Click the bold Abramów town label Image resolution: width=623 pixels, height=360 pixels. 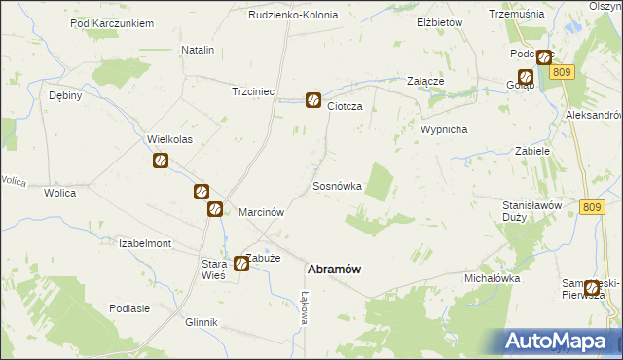pos(337,270)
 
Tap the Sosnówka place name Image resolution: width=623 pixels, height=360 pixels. pos(338,185)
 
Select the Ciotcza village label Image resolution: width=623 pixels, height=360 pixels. pos(345,106)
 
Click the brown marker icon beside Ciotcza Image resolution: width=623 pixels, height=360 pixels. pos(313,99)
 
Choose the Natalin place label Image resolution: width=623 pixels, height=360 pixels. pos(198,49)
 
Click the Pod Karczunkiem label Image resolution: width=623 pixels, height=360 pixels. pos(113,22)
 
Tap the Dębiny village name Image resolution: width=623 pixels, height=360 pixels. pos(65,96)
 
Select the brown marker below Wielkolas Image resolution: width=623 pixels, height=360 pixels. pos(162,162)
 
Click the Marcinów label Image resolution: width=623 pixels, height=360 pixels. pos(261,212)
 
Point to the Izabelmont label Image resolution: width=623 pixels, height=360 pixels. pos(144,243)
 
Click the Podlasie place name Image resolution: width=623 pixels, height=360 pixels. pos(129,308)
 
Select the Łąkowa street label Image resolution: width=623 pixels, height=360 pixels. pos(304,307)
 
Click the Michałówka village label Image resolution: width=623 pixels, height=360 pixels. pos(492,278)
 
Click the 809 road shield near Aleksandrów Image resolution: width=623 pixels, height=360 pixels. pos(562,72)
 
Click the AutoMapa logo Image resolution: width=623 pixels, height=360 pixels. pos(561,341)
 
